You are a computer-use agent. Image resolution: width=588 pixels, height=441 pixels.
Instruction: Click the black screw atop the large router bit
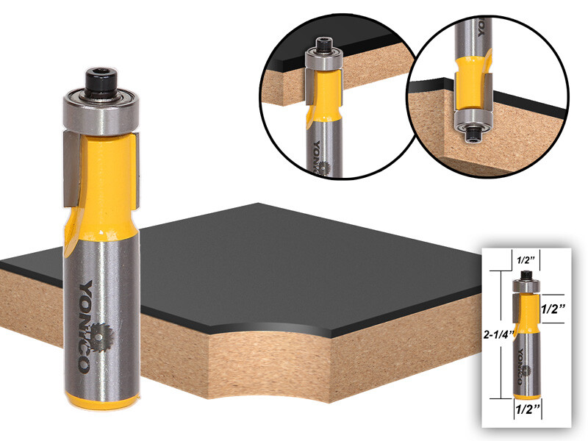pos(98,79)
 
